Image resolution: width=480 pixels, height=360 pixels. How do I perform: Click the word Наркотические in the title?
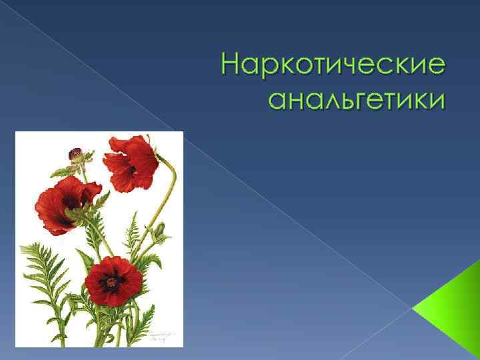point(333,67)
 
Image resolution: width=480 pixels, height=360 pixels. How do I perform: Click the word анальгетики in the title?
point(355,99)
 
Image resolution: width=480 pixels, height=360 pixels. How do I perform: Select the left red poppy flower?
point(67,203)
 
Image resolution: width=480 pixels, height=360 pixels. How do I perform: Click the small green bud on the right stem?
point(159,231)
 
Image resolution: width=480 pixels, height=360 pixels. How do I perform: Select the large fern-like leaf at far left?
point(40,267)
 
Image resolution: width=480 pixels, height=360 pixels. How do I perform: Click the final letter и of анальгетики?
point(435,101)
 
